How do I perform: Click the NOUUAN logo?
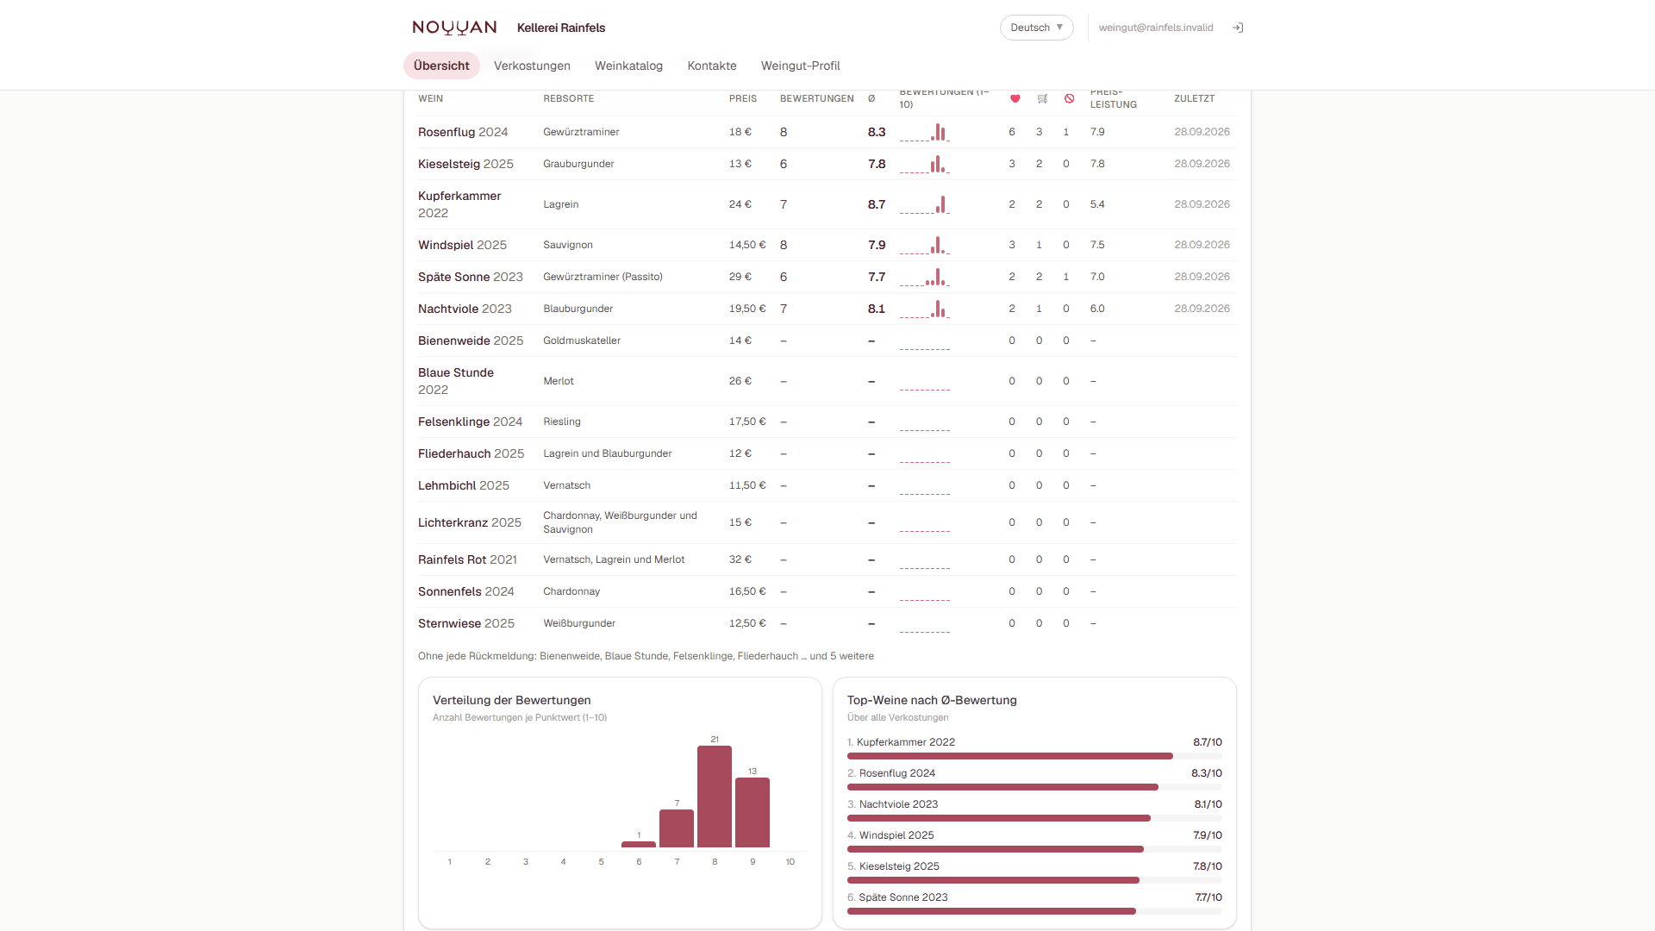pyautogui.click(x=454, y=28)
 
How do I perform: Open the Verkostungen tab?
pyautogui.click(x=532, y=66)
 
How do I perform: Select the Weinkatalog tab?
pyautogui.click(x=628, y=66)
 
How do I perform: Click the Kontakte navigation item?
pyautogui.click(x=712, y=66)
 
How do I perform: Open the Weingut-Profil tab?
pyautogui.click(x=800, y=66)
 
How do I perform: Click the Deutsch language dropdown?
pyautogui.click(x=1036, y=28)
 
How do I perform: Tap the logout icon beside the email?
pyautogui.click(x=1238, y=28)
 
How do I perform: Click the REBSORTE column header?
pyautogui.click(x=568, y=98)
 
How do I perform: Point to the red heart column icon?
pyautogui.click(x=1015, y=98)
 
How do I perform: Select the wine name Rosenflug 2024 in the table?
pyautogui.click(x=463, y=132)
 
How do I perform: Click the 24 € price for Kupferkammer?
pyautogui.click(x=740, y=204)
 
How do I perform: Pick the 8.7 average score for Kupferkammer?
pyautogui.click(x=877, y=204)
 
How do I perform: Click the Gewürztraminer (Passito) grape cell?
pyautogui.click(x=603, y=277)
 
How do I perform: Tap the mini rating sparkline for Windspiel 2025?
pyautogui.click(x=924, y=245)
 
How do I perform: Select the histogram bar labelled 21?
pyautogui.click(x=715, y=797)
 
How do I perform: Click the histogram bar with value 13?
pyautogui.click(x=753, y=812)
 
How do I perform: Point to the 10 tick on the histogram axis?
pyautogui.click(x=790, y=862)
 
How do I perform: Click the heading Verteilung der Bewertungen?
pyautogui.click(x=512, y=700)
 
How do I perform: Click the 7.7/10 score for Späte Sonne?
pyautogui.click(x=1208, y=897)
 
